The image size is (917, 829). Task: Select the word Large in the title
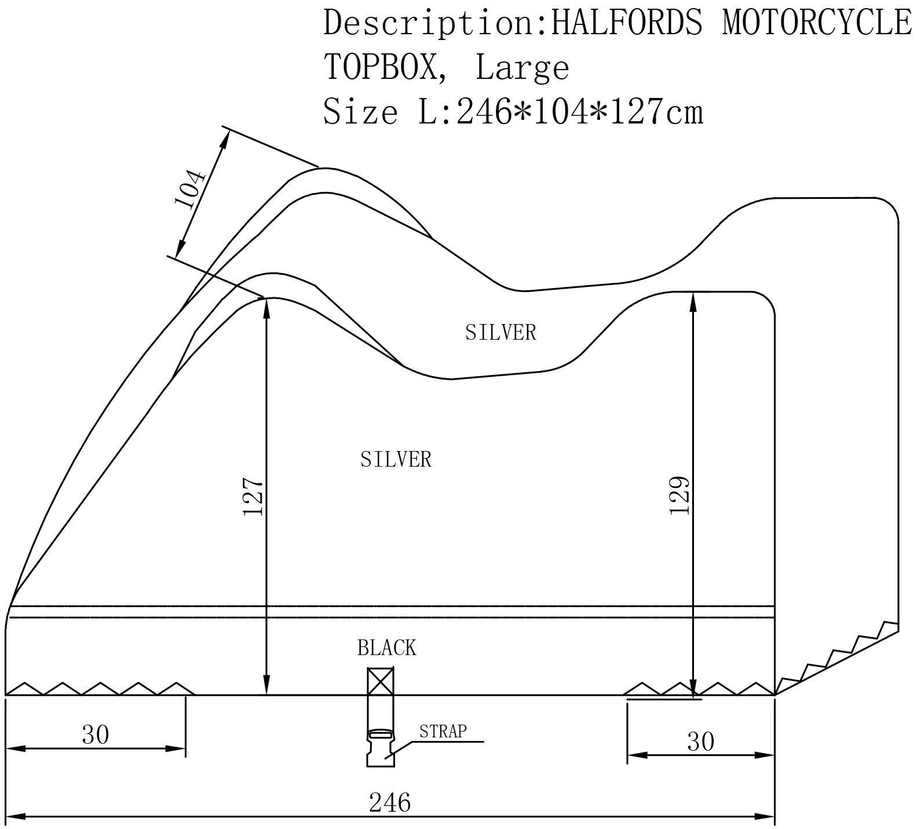(522, 68)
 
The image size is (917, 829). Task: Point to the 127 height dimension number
(254, 497)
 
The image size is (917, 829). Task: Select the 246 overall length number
(390, 802)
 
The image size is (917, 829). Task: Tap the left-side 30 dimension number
(96, 735)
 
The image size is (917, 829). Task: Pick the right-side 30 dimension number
(701, 741)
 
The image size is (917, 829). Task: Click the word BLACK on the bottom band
(386, 648)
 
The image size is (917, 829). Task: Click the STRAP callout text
(443, 732)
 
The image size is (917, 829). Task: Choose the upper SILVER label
(500, 332)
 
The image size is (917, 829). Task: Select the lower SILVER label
(396, 460)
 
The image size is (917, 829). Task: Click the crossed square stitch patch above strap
(380, 681)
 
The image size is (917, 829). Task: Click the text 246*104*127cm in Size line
(580, 111)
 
